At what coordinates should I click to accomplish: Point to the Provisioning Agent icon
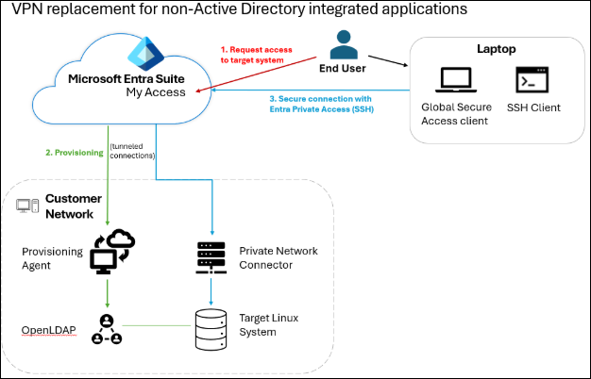pyautogui.click(x=110, y=252)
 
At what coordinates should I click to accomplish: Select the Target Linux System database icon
pyautogui.click(x=211, y=325)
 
